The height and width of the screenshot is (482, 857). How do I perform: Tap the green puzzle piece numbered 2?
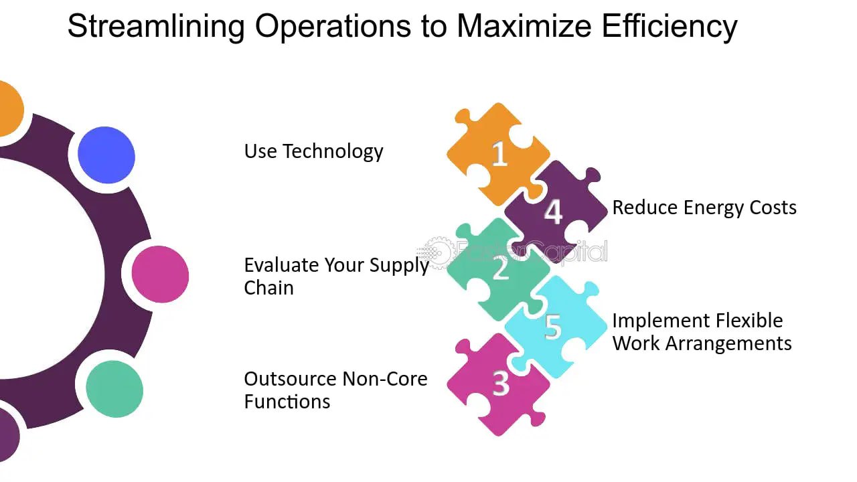[499, 269]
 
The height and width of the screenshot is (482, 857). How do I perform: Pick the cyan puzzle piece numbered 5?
[553, 326]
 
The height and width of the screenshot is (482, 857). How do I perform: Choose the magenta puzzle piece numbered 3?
[499, 384]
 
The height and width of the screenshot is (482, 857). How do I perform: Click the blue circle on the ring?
[106, 155]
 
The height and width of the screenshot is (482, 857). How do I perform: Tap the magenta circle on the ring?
[160, 274]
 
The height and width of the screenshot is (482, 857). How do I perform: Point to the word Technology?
[333, 151]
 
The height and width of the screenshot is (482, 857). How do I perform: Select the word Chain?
[268, 288]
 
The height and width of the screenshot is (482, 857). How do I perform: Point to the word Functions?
[287, 402]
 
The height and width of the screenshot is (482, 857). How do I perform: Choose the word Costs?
[775, 208]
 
